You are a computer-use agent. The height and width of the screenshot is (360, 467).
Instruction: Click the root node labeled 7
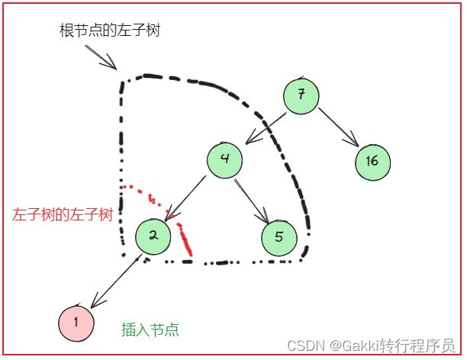coord(301,95)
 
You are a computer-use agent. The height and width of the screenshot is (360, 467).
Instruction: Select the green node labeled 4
coord(224,160)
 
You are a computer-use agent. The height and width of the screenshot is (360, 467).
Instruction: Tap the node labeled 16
coord(372,161)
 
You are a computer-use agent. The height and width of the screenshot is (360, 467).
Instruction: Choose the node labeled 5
coord(279,236)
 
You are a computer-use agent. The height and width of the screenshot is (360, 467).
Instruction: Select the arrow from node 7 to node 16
coord(338,127)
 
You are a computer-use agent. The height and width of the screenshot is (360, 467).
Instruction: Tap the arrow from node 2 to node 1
coord(114,280)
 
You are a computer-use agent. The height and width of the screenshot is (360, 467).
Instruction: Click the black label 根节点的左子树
coord(109,31)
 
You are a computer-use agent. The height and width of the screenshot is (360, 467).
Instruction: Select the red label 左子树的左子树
coord(63,215)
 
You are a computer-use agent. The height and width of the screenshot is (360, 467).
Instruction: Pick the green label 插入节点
coord(150,329)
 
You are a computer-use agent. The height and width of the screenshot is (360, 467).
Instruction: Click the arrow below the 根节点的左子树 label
coord(101,56)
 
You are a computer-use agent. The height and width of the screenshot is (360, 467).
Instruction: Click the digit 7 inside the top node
coord(301,95)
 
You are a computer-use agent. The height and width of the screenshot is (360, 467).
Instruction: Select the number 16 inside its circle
coord(372,161)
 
